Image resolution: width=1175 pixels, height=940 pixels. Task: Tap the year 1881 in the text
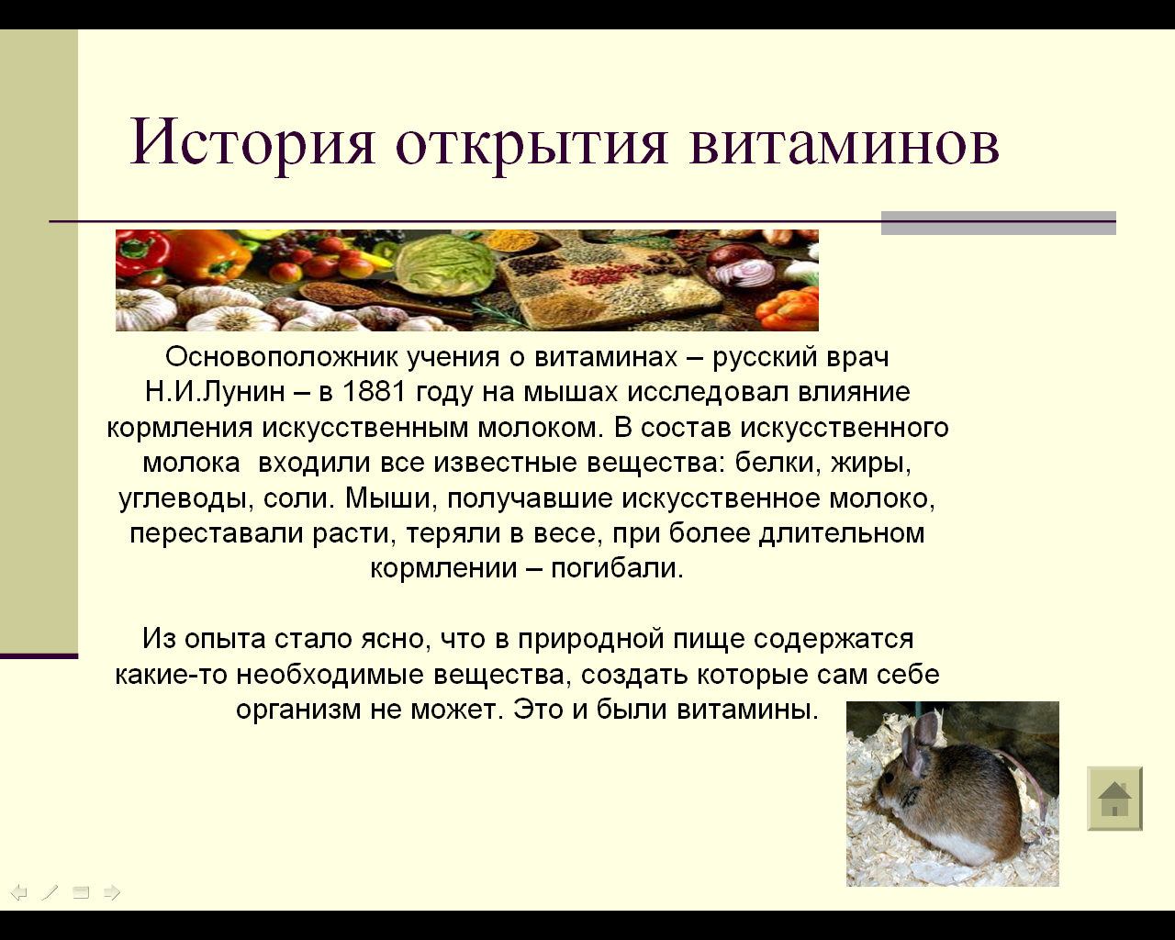point(374,392)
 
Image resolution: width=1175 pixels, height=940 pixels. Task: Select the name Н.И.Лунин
point(215,392)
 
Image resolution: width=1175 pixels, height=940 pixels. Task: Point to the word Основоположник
point(282,357)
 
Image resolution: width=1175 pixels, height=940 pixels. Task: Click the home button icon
point(1114,799)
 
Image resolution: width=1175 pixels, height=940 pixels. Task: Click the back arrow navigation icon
point(19,892)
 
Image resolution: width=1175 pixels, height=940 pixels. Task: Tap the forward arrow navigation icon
point(112,892)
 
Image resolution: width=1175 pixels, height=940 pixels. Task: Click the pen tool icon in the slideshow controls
point(50,892)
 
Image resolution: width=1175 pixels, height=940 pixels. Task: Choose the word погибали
point(617,568)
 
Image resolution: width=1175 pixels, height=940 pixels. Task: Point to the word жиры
point(870,464)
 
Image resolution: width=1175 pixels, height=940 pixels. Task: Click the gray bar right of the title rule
point(998,223)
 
